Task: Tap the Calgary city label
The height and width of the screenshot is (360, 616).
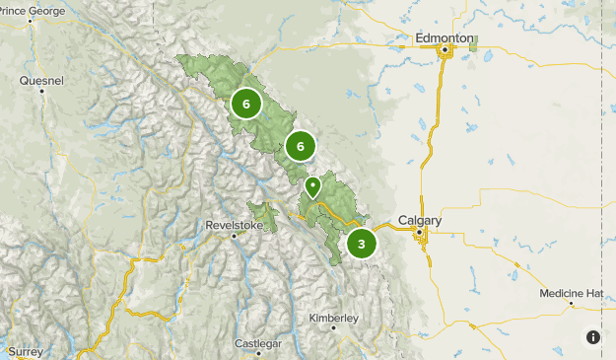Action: point(420,220)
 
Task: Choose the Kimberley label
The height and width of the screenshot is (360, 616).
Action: point(334,318)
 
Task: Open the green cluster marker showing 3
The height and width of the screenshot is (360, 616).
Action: point(362,244)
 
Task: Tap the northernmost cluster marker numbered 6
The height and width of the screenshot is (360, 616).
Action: point(245,103)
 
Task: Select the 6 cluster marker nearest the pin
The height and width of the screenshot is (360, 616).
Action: point(300,147)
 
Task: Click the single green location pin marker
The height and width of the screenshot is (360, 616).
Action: point(313,185)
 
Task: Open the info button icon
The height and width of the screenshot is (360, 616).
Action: point(592,337)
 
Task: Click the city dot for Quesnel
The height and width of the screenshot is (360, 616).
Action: point(42,92)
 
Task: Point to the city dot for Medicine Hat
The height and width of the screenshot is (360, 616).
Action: point(571,305)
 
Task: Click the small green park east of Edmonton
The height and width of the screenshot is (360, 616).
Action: point(473,43)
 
